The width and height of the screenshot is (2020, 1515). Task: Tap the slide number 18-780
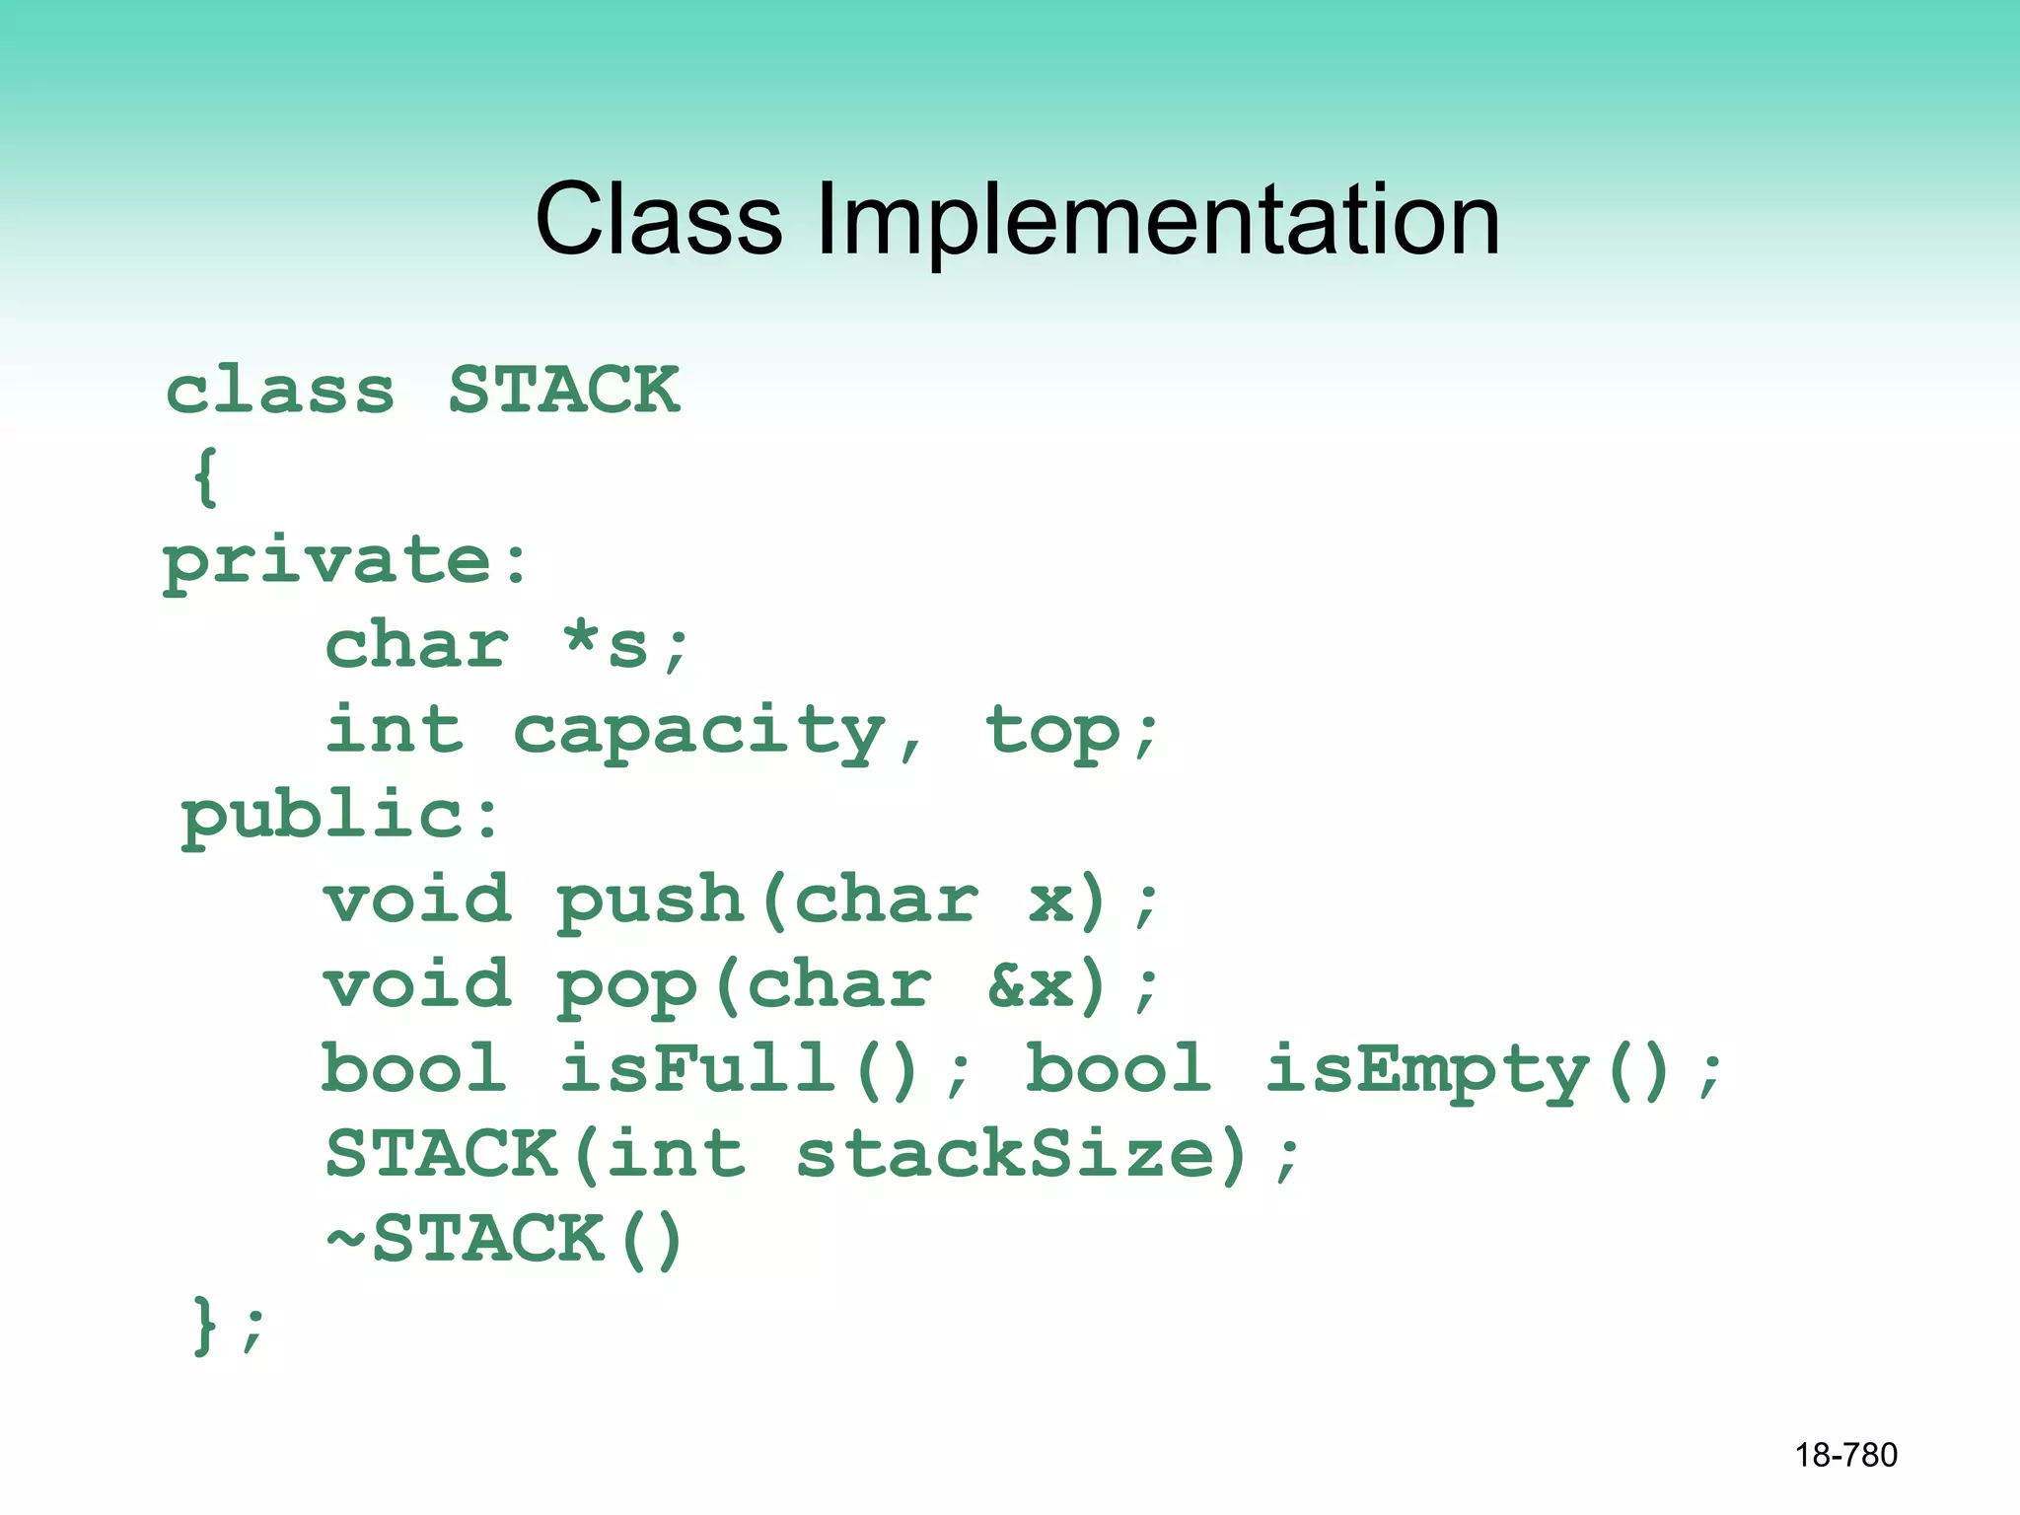[1845, 1455]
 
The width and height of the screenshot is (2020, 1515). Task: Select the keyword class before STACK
[280, 391]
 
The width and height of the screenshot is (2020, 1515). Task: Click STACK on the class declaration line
[564, 391]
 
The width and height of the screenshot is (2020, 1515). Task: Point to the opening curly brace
[205, 477]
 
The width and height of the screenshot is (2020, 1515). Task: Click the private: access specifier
[345, 562]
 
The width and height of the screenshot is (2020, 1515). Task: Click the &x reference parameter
[1031, 986]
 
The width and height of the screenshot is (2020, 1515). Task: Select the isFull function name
[698, 1070]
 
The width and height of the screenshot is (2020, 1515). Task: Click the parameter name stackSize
[1006, 1156]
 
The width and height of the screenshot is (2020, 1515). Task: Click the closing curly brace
[204, 1326]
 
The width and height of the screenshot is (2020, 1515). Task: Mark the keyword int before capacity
[395, 732]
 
